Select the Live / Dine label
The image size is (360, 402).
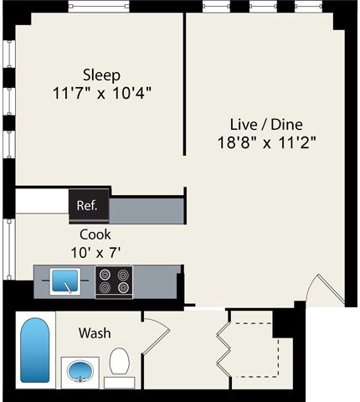[x=265, y=124]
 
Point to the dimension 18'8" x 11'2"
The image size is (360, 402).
[x=265, y=142]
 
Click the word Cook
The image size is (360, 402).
[x=95, y=234]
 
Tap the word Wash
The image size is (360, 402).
[x=95, y=333]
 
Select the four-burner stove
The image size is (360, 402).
[x=114, y=281]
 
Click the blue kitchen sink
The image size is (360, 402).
[x=65, y=281]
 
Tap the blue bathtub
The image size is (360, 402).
[x=34, y=350]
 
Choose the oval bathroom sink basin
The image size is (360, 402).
[x=80, y=371]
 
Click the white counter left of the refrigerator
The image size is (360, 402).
[x=42, y=202]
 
